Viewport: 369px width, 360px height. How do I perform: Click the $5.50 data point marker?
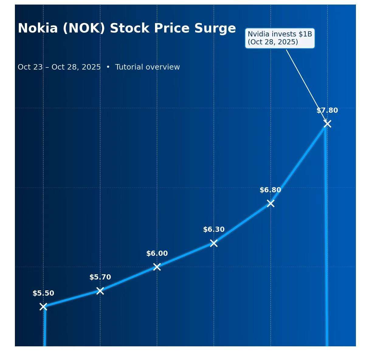click(43, 307)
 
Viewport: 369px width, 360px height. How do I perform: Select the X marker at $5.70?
click(100, 291)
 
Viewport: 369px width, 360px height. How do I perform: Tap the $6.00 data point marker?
click(157, 267)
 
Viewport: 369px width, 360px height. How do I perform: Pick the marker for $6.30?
click(214, 243)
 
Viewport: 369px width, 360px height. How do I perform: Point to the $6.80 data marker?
click(271, 203)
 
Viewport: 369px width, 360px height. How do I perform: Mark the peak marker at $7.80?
click(327, 124)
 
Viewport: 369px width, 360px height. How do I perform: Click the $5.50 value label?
click(43, 293)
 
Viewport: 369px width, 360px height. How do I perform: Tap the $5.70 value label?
click(100, 277)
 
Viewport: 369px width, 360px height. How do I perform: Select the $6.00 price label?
click(157, 254)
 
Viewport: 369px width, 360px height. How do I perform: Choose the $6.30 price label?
click(214, 230)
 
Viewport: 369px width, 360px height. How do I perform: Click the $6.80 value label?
click(270, 190)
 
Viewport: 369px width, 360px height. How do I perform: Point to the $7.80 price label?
click(327, 111)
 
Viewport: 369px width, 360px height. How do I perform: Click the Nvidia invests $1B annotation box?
click(280, 38)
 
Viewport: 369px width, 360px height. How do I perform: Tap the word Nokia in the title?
click(38, 28)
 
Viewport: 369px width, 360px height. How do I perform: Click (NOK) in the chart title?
click(84, 28)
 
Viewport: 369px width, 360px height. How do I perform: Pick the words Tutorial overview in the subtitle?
click(147, 67)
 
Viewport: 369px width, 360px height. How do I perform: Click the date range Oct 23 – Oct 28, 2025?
click(59, 67)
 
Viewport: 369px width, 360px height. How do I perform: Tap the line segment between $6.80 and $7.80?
click(299, 163)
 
